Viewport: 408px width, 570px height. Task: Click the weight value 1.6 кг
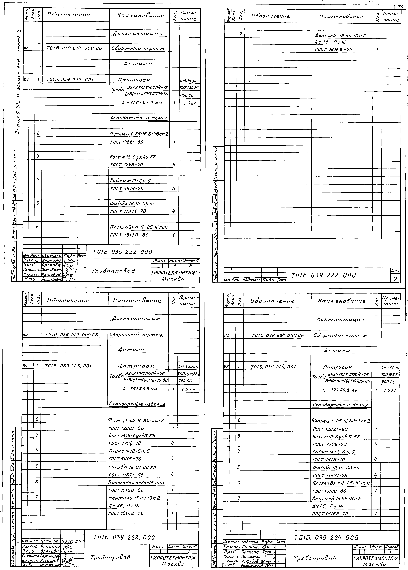390,390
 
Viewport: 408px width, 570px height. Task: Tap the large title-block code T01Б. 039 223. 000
124,538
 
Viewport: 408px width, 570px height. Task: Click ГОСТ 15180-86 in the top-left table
129,235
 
